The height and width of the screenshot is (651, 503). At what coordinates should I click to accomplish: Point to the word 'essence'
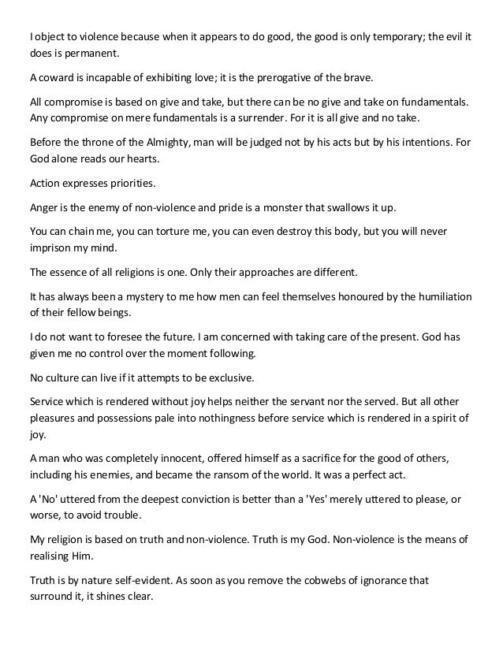point(73,272)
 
